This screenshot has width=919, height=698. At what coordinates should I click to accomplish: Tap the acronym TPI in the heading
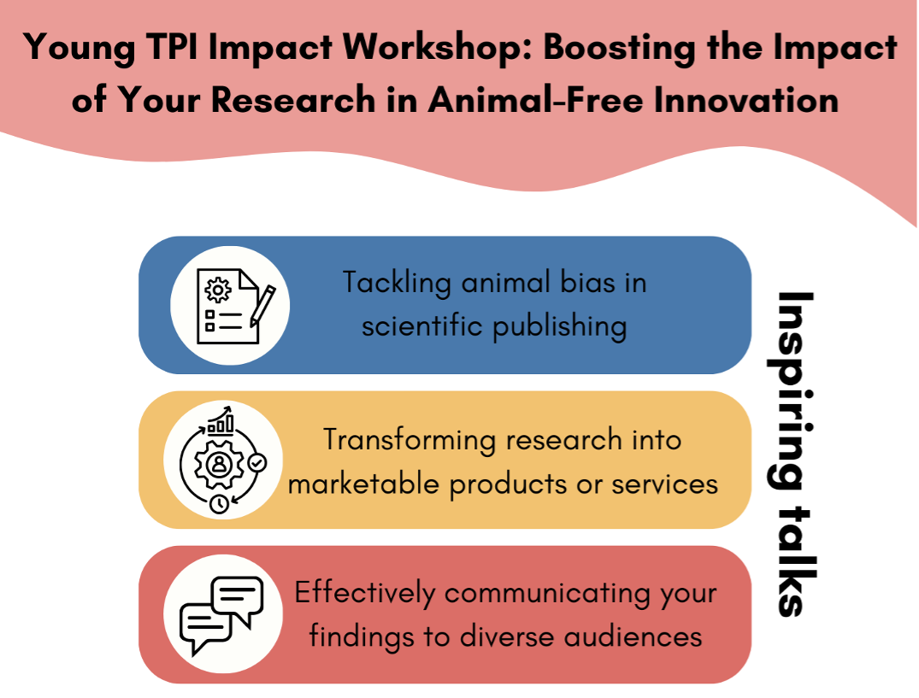coord(166,48)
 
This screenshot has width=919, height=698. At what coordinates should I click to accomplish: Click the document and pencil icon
coord(229,305)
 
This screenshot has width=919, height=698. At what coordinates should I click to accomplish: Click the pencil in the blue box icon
coord(262,305)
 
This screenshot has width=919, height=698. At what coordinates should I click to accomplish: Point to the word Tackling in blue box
coord(397,282)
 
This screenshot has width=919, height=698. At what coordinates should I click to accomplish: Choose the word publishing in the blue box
coord(557,326)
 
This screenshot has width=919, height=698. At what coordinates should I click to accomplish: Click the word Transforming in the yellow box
coord(409,439)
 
